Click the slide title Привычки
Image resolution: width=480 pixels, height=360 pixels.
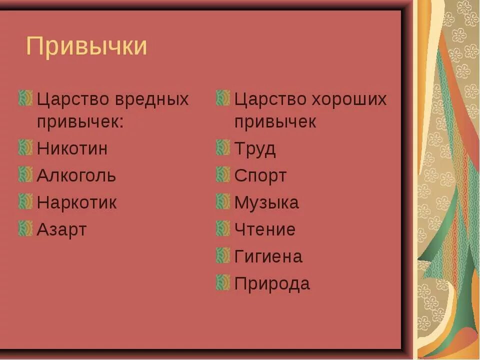click(x=86, y=46)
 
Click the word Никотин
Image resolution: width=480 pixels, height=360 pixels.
click(x=72, y=148)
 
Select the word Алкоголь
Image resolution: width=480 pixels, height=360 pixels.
click(x=76, y=175)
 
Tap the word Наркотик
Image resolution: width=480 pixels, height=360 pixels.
click(x=76, y=202)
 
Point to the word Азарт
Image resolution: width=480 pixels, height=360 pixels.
click(x=61, y=230)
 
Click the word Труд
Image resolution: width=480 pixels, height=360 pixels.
click(x=255, y=149)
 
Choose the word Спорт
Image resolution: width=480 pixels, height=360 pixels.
click(x=260, y=175)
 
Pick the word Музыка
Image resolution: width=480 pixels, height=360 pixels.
click(x=266, y=202)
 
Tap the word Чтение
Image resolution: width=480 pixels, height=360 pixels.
click(x=265, y=229)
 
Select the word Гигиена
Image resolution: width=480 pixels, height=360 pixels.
click(x=268, y=256)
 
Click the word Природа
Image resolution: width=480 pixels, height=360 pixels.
click(x=272, y=283)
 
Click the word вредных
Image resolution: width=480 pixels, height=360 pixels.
click(x=151, y=99)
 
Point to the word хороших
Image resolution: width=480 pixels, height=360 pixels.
click(x=349, y=99)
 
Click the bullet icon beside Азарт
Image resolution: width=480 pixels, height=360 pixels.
click(x=25, y=228)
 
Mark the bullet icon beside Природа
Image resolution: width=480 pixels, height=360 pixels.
click(x=223, y=282)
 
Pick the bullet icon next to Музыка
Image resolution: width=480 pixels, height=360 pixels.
click(x=223, y=201)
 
